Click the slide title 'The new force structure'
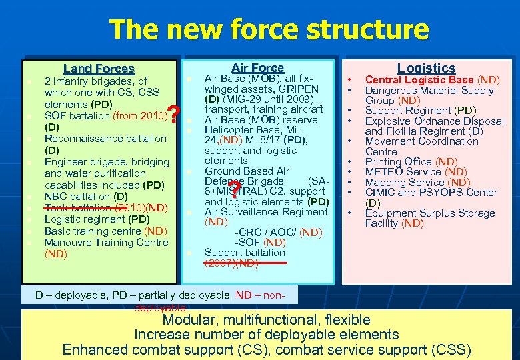click(269, 30)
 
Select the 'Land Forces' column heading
click(99, 68)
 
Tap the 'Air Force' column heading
click(257, 68)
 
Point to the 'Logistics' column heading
click(426, 68)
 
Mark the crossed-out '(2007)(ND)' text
click(231, 263)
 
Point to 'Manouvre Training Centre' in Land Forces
click(106, 243)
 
